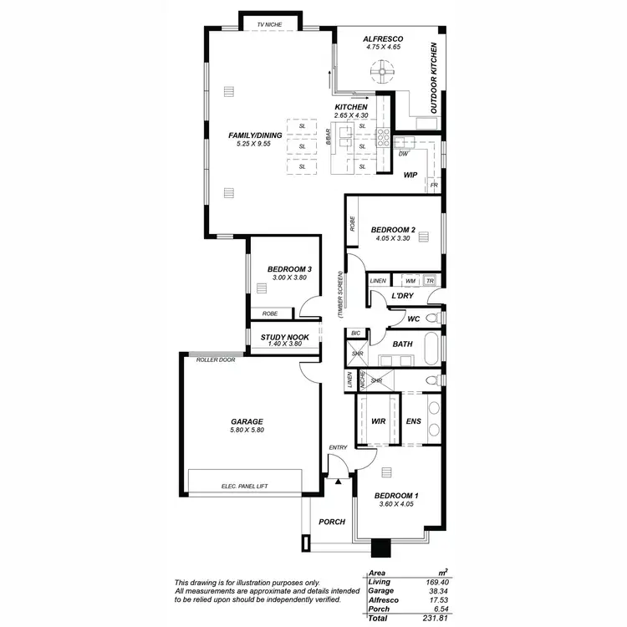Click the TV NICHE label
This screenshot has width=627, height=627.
coord(272,25)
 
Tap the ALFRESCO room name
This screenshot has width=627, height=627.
coord(384,39)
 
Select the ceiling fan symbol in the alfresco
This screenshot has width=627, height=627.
coord(384,74)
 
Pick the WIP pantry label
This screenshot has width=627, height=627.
coord(410,175)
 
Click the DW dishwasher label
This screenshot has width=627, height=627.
coord(403,154)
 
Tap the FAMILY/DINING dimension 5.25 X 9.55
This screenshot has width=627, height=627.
coord(255,144)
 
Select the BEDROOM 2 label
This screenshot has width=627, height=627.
coord(393,229)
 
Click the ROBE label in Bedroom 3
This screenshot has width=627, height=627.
coord(270,313)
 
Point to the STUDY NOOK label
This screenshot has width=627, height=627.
coord(284,337)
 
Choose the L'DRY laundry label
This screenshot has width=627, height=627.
coord(403,296)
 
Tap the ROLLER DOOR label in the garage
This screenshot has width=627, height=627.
coord(216,359)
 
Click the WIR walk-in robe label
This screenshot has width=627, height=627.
coord(378,422)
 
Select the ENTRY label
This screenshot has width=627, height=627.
coord(338,448)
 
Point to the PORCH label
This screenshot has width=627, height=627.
coord(332,522)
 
